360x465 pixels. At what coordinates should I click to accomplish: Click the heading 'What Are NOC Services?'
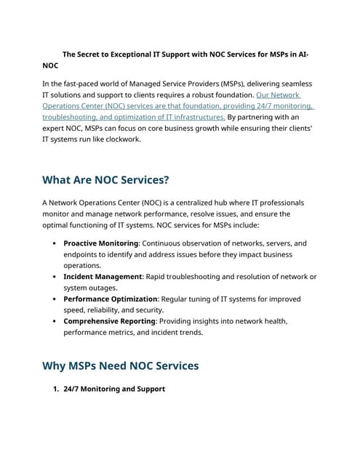pyautogui.click(x=105, y=180)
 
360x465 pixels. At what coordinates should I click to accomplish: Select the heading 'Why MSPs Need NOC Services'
pyautogui.click(x=120, y=365)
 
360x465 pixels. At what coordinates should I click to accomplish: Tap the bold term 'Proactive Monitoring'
pyautogui.click(x=100, y=243)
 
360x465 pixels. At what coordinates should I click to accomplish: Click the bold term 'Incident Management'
pyautogui.click(x=103, y=277)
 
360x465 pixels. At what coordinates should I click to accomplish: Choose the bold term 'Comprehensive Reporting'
pyautogui.click(x=109, y=321)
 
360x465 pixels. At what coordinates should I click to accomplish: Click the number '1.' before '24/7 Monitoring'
pyautogui.click(x=55, y=389)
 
